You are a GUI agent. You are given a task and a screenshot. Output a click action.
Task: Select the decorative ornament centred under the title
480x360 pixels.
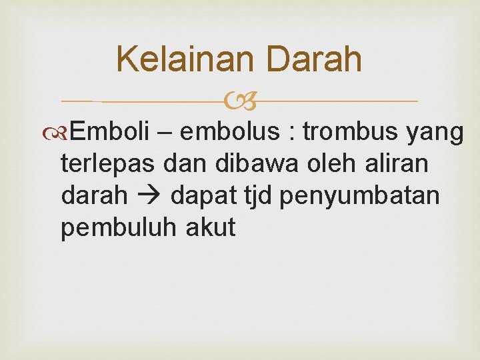(240, 102)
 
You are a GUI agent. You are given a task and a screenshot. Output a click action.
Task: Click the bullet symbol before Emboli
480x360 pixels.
(61, 133)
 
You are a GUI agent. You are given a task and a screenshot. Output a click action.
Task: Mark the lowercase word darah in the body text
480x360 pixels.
(94, 196)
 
